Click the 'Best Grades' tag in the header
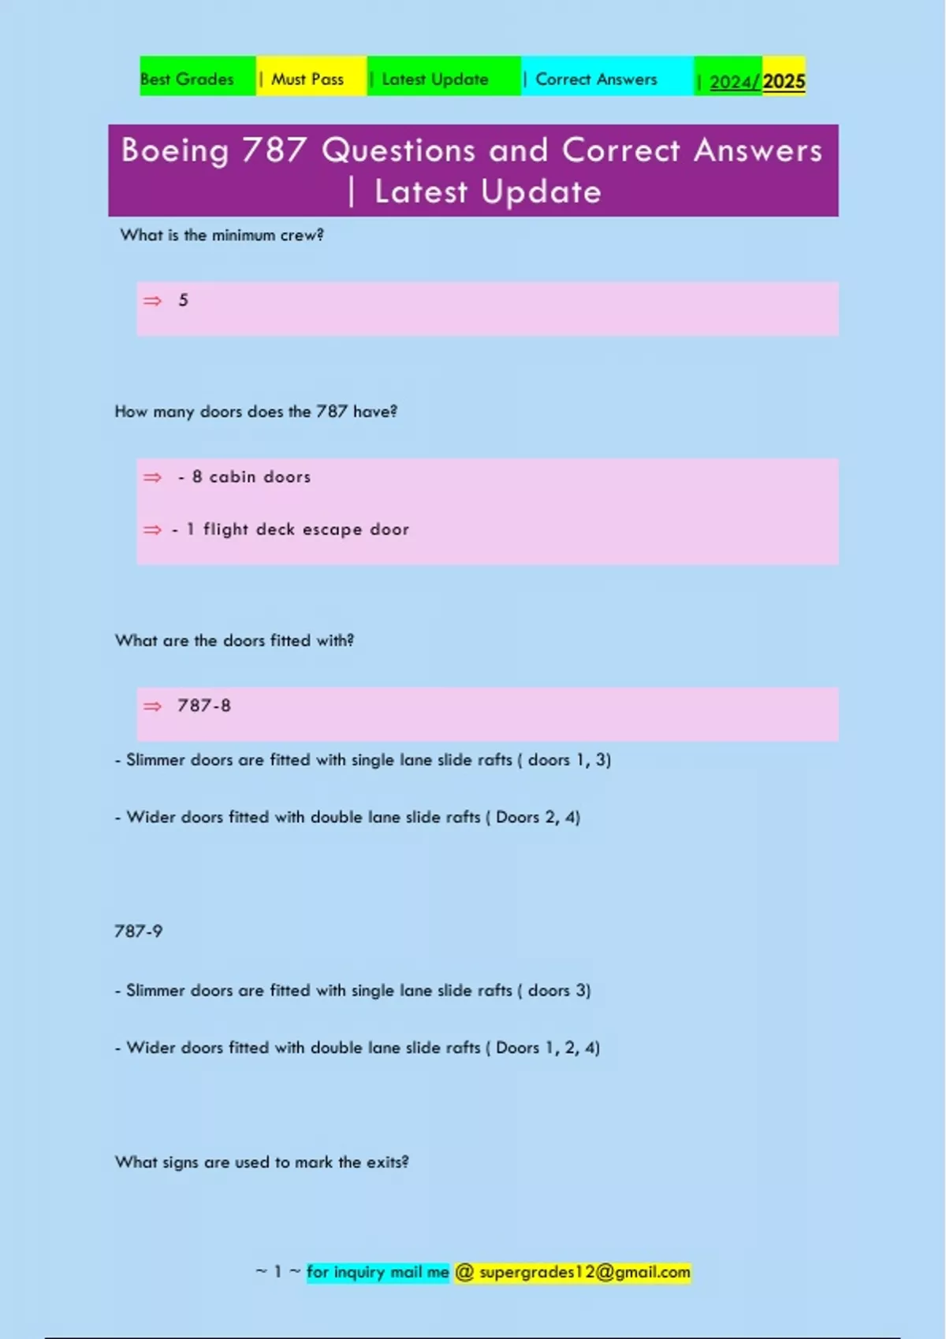click(x=188, y=80)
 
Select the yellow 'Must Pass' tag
click(x=307, y=80)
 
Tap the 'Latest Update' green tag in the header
click(x=434, y=80)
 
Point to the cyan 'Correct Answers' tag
click(x=596, y=80)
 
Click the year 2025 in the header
click(x=784, y=82)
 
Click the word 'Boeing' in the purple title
click(x=175, y=150)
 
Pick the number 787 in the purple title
click(x=274, y=150)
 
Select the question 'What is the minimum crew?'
click(x=222, y=236)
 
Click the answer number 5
click(x=184, y=300)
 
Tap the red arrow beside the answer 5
click(x=152, y=301)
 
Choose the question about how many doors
click(x=255, y=412)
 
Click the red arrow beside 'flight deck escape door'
click(x=152, y=530)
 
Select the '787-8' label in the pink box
click(x=204, y=706)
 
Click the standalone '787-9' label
click(x=138, y=932)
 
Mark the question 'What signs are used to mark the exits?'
click(x=262, y=1163)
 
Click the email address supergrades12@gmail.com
click(x=584, y=1273)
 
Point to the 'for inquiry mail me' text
click(x=378, y=1273)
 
